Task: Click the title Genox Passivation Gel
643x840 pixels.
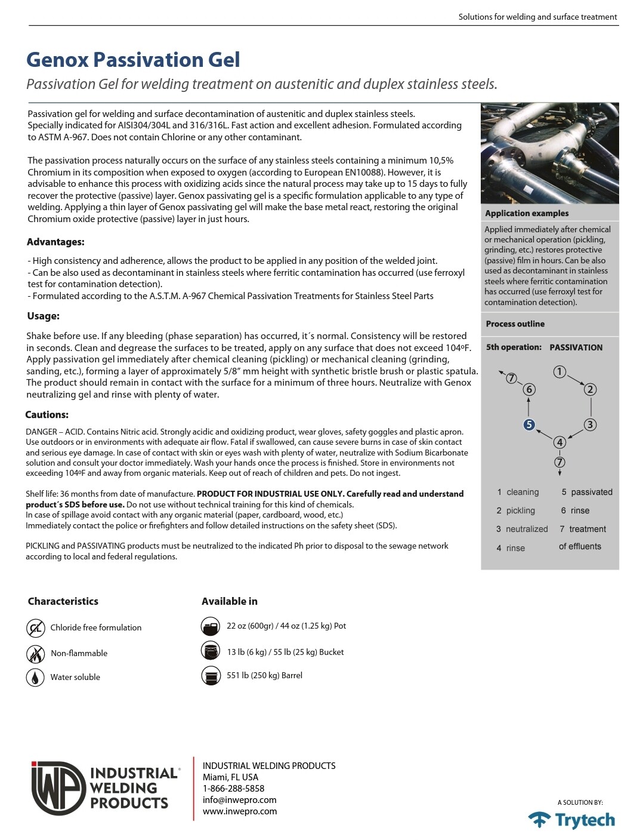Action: (x=133, y=60)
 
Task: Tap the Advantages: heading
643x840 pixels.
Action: (x=55, y=242)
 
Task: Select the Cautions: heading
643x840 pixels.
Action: (x=47, y=414)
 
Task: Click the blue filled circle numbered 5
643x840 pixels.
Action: (x=529, y=424)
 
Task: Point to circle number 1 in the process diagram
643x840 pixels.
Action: (x=559, y=372)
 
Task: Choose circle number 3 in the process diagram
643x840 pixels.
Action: (x=590, y=424)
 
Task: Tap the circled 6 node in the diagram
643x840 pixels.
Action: (x=529, y=389)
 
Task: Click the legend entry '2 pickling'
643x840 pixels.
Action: (x=516, y=510)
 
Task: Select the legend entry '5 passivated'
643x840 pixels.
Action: (x=586, y=492)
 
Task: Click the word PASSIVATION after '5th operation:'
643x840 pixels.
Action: (x=576, y=347)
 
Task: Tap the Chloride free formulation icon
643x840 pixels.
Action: (x=36, y=628)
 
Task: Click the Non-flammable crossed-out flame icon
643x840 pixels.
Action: (x=36, y=654)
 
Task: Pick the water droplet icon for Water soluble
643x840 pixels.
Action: (x=36, y=678)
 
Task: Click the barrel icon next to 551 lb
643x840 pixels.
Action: (x=211, y=676)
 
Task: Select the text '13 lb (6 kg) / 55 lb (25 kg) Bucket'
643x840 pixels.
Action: (x=285, y=652)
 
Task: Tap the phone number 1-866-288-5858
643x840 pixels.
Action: (x=233, y=788)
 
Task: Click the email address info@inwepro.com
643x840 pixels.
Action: (x=239, y=800)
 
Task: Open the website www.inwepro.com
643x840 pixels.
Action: (x=240, y=811)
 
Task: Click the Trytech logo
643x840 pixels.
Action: (x=571, y=820)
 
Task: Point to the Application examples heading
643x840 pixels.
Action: (x=527, y=213)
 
